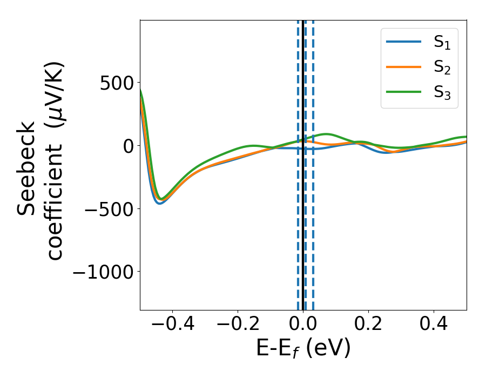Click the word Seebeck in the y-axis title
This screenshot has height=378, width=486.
[x=27, y=169]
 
